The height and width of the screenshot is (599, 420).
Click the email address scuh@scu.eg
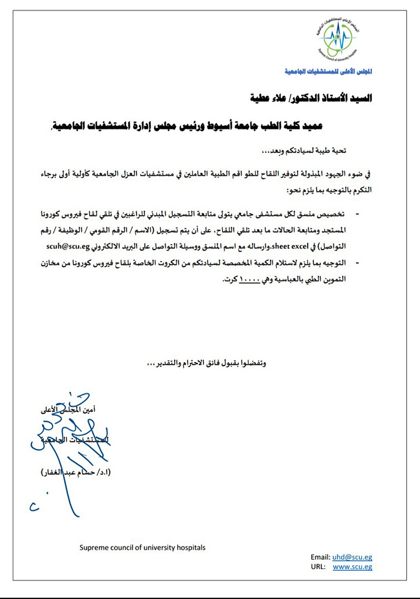[67, 246]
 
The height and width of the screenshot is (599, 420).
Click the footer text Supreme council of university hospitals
[143, 547]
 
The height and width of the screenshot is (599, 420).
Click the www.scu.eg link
[352, 567]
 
